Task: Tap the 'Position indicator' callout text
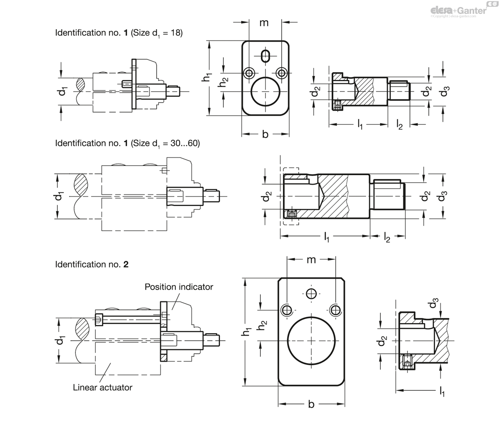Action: [x=179, y=287]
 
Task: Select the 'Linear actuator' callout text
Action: [x=102, y=387]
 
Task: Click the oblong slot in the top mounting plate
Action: [x=265, y=55]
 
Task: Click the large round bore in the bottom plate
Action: [x=311, y=340]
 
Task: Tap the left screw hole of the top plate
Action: [x=249, y=73]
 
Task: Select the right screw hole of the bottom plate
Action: [x=335, y=310]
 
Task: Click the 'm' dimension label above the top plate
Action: [x=264, y=22]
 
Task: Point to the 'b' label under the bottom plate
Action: [x=311, y=404]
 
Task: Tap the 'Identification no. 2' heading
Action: [x=92, y=264]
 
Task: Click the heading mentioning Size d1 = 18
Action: [x=119, y=33]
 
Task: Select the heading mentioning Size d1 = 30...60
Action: [x=127, y=143]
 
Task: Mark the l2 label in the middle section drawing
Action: [x=387, y=238]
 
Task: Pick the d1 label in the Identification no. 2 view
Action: [x=61, y=340]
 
